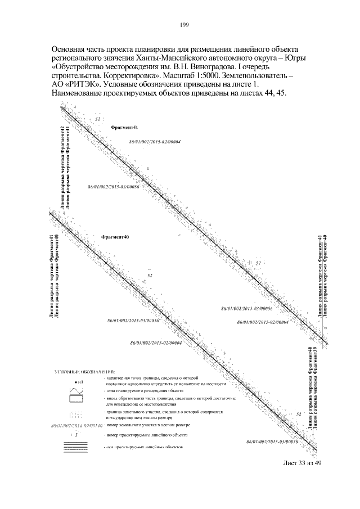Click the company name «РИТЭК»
click(84, 83)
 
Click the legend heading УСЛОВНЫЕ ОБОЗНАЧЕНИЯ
click(84, 372)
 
